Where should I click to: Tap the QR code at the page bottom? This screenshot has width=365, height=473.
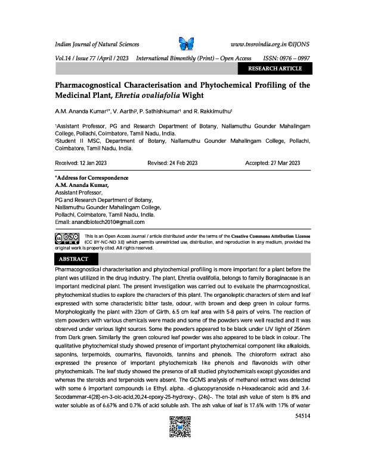(182, 455)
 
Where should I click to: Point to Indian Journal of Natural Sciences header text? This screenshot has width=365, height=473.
(97, 45)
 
